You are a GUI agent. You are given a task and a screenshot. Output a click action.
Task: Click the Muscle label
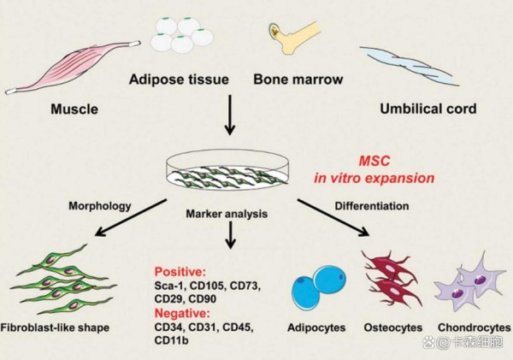[74, 109]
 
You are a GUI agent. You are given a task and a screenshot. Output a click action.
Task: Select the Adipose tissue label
[179, 80]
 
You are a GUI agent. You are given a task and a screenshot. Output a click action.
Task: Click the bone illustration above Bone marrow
[292, 38]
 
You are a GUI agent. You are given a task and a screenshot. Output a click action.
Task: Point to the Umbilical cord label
[428, 109]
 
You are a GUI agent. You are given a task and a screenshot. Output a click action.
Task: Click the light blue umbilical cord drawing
[409, 66]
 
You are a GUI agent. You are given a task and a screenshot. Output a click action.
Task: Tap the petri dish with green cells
[227, 170]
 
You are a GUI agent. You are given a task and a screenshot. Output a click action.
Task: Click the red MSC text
[374, 161]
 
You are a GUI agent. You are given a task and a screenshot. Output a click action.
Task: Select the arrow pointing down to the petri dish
[230, 115]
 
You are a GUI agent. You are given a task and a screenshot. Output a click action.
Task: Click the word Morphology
[100, 206]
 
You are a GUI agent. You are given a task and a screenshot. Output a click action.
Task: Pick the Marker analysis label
[227, 214]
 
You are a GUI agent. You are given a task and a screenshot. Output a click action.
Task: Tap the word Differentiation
[372, 206]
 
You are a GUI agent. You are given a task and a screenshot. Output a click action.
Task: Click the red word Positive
[180, 272]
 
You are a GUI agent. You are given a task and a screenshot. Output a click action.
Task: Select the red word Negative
[181, 313]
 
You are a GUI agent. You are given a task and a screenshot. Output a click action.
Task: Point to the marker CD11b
[172, 340]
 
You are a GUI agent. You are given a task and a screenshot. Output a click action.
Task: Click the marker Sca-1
[169, 286]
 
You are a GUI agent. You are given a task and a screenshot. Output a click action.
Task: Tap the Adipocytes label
[316, 328]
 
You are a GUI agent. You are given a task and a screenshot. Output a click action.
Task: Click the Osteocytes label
[393, 328]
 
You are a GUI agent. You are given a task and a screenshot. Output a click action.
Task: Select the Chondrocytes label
[474, 328]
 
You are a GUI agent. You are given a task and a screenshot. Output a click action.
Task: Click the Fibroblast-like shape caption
[55, 328]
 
